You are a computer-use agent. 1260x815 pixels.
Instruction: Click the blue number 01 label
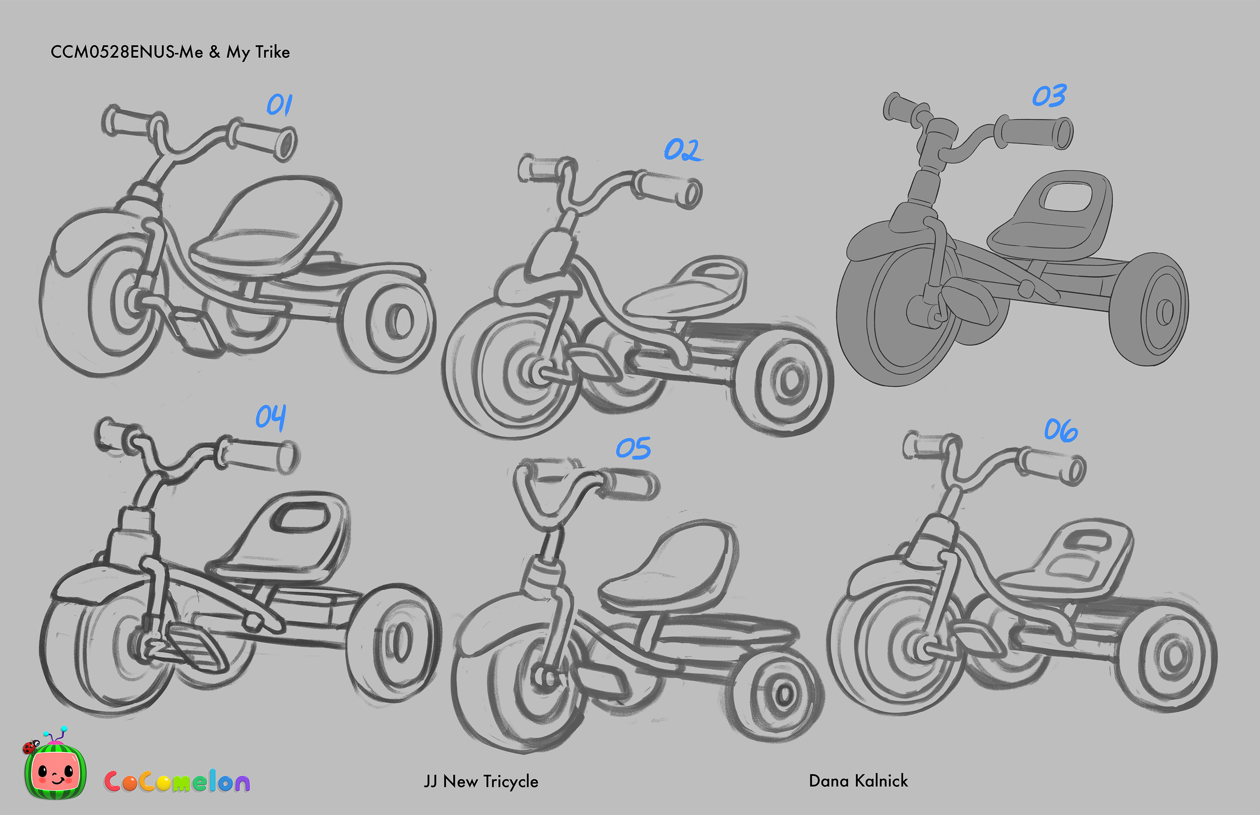(x=279, y=105)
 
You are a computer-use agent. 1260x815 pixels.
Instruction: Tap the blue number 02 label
(x=683, y=150)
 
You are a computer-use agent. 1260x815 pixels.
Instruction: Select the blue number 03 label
(x=1049, y=96)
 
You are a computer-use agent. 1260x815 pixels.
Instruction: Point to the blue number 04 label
(x=271, y=417)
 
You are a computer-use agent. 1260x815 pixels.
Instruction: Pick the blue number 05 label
(x=633, y=448)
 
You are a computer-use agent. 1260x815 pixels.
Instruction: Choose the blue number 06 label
(x=1060, y=430)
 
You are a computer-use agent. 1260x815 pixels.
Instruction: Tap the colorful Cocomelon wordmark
(x=177, y=781)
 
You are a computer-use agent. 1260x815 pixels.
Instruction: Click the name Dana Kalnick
(x=858, y=781)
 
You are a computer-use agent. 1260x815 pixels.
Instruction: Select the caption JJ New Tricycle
(x=481, y=781)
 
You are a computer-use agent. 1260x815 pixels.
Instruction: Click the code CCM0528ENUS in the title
(x=112, y=52)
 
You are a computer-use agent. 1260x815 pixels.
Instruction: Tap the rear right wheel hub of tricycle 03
(x=1164, y=312)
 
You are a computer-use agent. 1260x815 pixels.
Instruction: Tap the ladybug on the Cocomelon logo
(x=30, y=746)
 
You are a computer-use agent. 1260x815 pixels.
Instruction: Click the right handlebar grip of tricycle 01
(x=265, y=140)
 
